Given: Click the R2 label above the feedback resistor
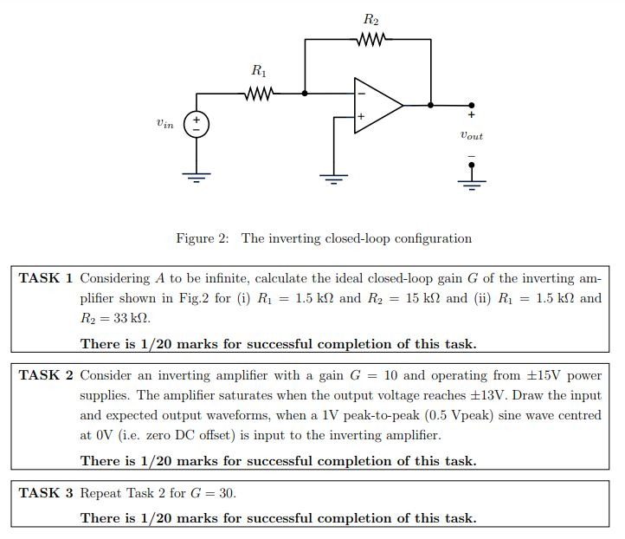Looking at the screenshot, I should pos(370,18).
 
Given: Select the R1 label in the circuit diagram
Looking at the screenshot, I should pos(259,73).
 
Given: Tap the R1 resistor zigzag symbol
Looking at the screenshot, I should pos(260,92).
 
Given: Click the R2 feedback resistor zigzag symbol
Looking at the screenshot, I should pos(370,38).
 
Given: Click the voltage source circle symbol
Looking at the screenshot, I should pos(197,124).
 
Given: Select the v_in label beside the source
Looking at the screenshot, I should pos(164,124).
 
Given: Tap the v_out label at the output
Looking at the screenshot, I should pos(472,136).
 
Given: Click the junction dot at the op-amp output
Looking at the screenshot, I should pos(430,105).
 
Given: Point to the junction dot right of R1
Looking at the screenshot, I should pos(305,92).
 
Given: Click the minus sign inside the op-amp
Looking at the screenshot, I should pos(361,93).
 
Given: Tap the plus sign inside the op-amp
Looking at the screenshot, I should pos(361,116).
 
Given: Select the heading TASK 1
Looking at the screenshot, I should pos(46,278).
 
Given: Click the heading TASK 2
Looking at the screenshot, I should pos(46,375).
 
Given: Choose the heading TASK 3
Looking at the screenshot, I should pos(46,493).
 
